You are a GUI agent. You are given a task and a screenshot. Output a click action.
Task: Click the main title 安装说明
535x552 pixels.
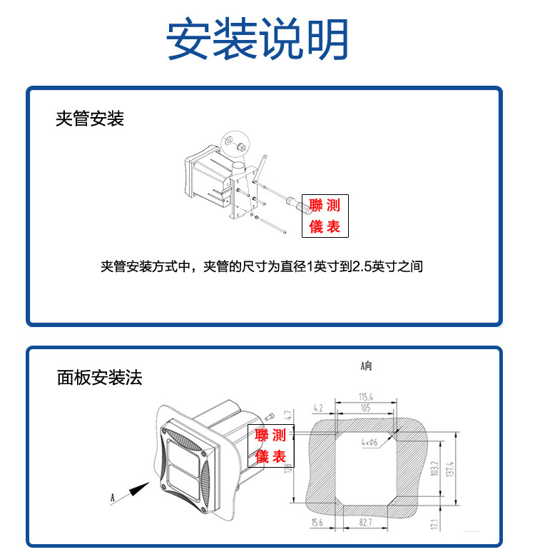pos(258,39)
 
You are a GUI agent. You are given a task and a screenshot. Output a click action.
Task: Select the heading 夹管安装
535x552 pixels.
pos(90,118)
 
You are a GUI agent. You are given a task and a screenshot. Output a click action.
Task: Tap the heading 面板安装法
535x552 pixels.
pos(100,377)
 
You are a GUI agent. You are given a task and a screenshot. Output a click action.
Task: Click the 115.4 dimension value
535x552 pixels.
pos(366,395)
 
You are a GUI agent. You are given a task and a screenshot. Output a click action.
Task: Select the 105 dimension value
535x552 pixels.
pos(365,408)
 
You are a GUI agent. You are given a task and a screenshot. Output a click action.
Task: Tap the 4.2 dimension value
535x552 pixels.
pos(318,408)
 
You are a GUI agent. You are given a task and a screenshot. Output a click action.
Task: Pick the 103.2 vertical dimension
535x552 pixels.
pos(432,468)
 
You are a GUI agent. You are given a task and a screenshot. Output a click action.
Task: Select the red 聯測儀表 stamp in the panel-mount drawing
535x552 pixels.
pos(270,446)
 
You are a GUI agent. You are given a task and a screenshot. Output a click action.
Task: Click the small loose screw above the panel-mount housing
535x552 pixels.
pos(270,416)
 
